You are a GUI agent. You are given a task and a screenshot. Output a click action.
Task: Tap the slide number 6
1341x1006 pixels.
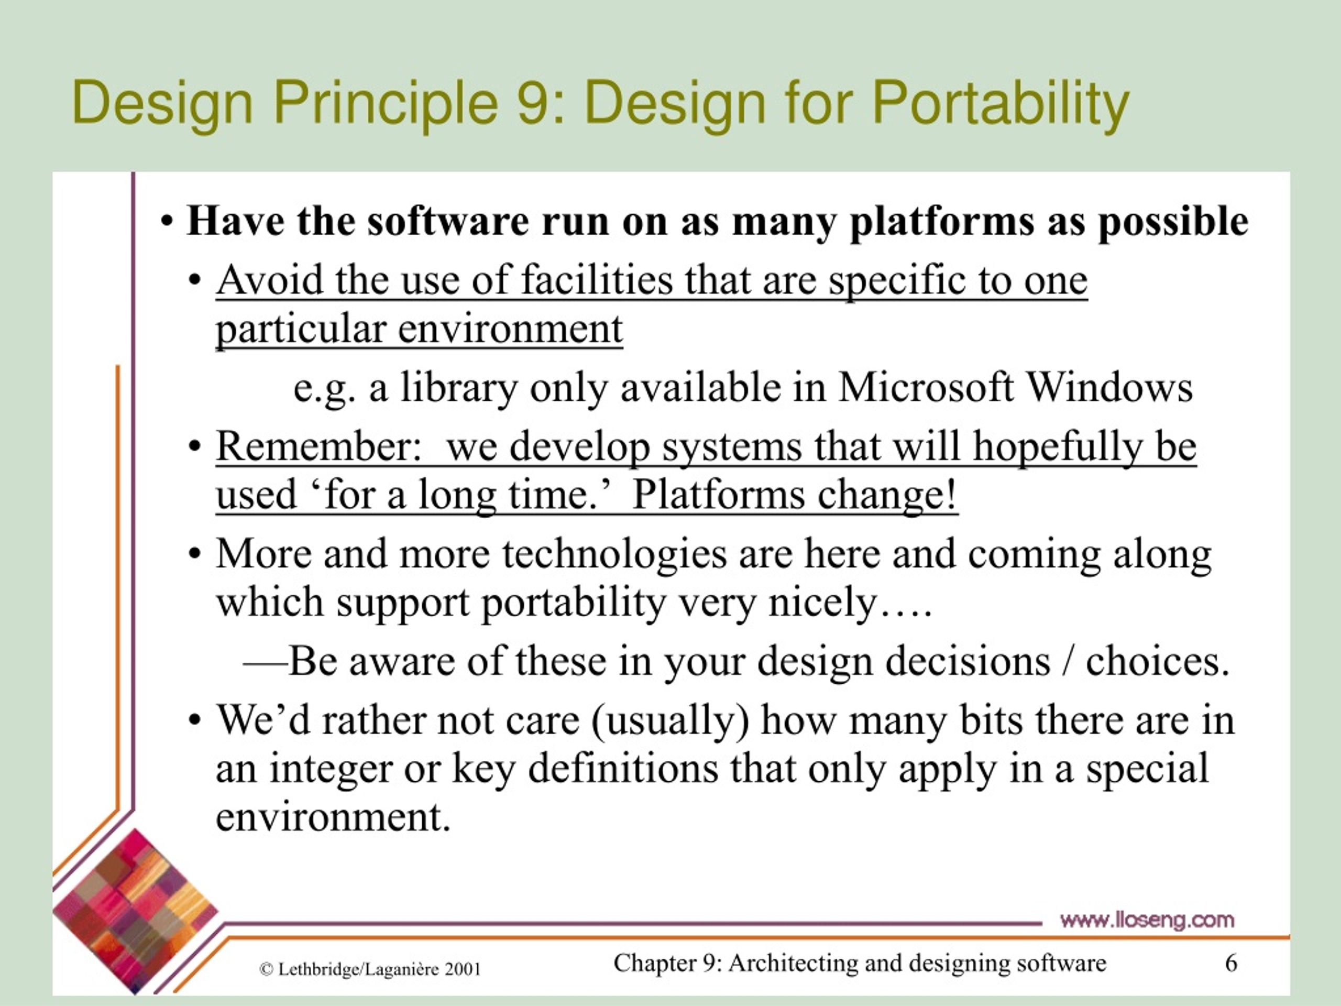(x=1232, y=963)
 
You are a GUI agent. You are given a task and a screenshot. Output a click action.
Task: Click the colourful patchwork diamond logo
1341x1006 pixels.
(x=135, y=911)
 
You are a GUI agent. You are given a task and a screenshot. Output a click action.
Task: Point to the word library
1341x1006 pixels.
(x=458, y=389)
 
